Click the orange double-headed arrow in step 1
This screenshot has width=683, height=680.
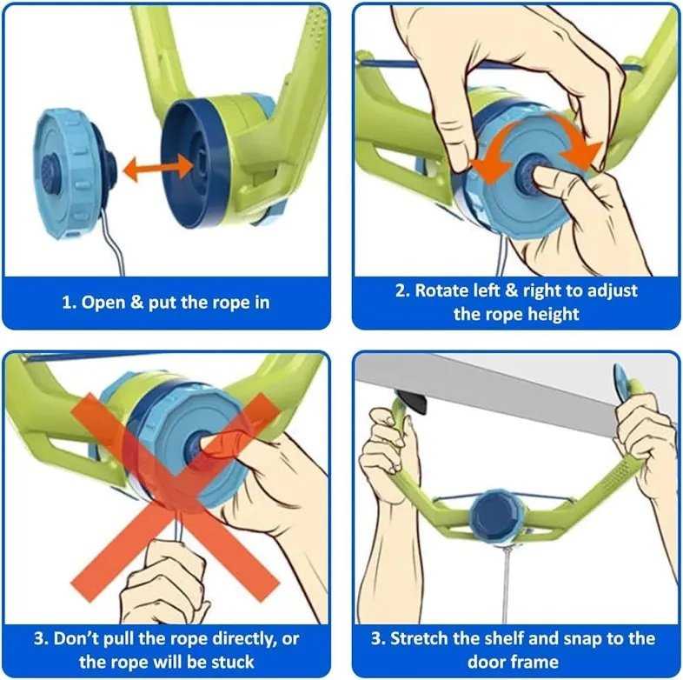(158, 168)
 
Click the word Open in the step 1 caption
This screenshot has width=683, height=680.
(103, 302)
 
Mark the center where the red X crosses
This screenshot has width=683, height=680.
(176, 497)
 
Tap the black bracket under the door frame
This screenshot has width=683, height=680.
(411, 401)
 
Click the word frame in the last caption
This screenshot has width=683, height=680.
(535, 662)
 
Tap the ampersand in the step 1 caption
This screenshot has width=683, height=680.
(136, 302)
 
